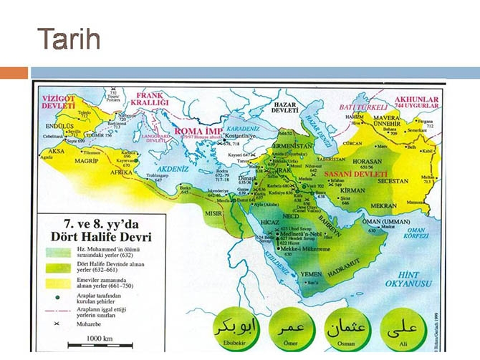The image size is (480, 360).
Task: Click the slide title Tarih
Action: tap(68, 39)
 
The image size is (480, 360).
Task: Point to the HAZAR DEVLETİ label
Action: tap(281, 107)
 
